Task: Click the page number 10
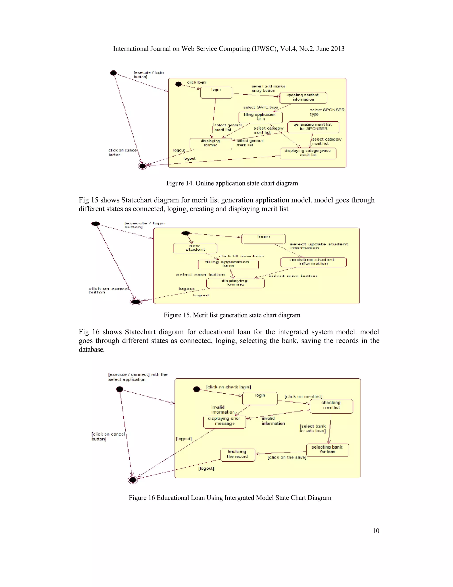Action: coord(376,531)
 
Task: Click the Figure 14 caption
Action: coord(232,183)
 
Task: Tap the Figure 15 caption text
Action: coord(232,315)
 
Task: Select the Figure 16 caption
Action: coord(230,498)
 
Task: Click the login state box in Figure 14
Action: coord(216,92)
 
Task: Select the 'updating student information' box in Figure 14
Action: coord(303,97)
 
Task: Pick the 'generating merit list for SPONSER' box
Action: coord(313,127)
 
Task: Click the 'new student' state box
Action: coord(195,248)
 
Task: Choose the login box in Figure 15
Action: coord(263,239)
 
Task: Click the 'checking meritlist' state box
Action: coord(331,406)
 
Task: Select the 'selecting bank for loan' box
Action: coord(327,450)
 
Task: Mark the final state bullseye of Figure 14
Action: coord(142,166)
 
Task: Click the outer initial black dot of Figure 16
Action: coord(119,389)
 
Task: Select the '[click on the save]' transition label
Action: coord(287,457)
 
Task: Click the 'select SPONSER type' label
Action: coord(327,112)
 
